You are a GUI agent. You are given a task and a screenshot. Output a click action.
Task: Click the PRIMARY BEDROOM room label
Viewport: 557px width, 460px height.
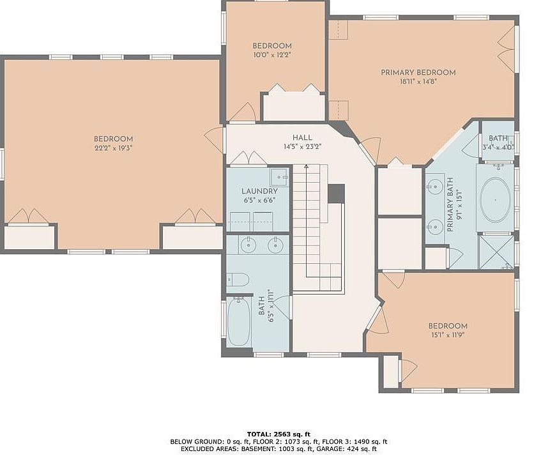pos(418,72)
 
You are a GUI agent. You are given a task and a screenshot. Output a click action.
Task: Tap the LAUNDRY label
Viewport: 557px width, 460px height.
pos(260,191)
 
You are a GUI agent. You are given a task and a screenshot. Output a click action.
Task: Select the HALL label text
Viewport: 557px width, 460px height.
pos(303,137)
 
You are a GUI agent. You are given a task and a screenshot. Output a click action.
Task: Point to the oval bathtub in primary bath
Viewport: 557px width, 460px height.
pos(496,200)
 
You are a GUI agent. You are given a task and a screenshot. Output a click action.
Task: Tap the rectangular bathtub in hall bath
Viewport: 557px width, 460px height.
pos(239,322)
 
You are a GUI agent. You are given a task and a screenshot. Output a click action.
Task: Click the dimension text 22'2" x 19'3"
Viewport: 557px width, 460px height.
pos(113,148)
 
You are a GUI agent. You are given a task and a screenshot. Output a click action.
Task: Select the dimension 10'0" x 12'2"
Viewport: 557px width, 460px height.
pos(272,55)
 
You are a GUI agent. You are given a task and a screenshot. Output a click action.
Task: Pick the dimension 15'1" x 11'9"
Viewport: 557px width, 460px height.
pos(448,335)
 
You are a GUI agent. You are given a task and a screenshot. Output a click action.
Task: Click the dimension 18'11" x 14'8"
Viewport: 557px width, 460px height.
pos(418,82)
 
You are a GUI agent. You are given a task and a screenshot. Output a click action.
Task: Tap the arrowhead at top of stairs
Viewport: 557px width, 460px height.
pos(306,166)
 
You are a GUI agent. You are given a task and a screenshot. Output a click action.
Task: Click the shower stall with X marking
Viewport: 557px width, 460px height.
pos(496,252)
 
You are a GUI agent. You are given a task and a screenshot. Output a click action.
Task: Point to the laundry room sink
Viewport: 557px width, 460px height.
pos(279,177)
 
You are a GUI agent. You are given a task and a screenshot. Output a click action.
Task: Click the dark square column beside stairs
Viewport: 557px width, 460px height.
pos(336,193)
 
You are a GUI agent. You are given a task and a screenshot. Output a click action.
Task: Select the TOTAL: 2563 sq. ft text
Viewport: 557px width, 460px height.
pos(278,434)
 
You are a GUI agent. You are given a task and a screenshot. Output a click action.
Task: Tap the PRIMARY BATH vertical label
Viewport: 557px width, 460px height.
pos(450,204)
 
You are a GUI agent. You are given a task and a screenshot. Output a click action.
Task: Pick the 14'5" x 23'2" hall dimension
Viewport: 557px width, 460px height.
pos(303,147)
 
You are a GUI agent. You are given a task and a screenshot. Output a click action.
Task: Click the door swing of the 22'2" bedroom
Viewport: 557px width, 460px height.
pos(213,140)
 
